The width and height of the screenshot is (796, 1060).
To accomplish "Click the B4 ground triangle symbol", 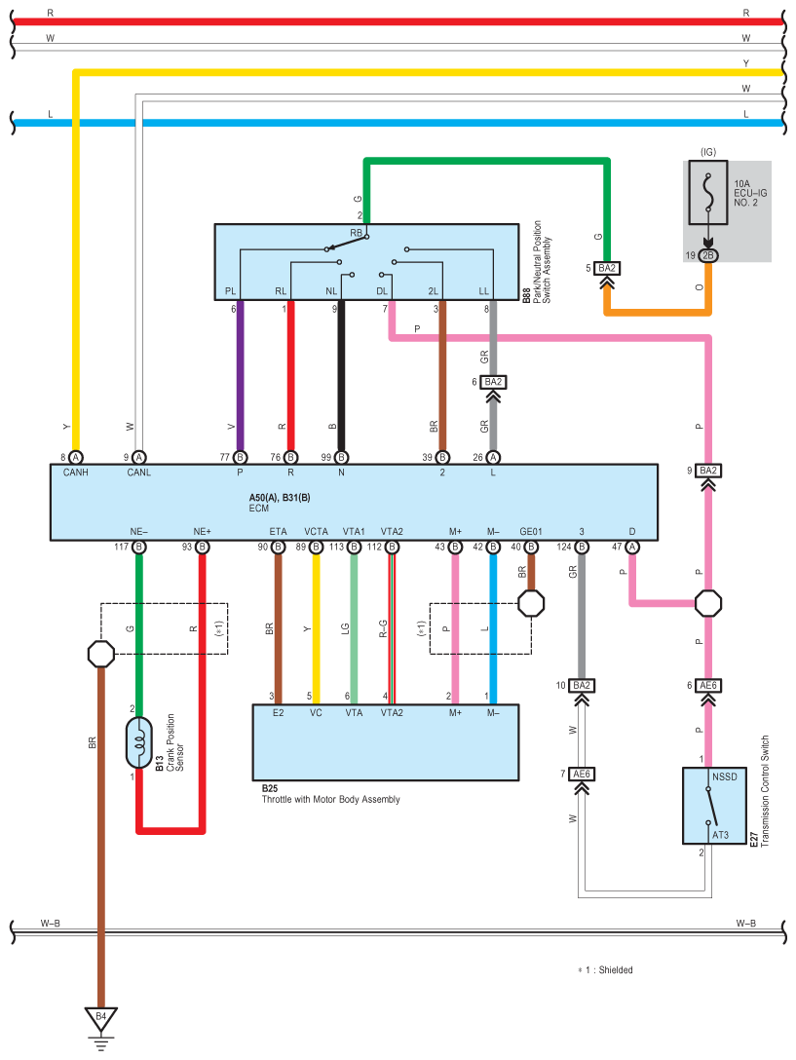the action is (100, 1019).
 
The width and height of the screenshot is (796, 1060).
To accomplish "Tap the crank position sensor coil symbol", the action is (139, 743).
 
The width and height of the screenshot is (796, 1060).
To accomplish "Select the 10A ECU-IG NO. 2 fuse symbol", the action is (708, 193).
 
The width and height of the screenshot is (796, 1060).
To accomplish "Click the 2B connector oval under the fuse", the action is (708, 255).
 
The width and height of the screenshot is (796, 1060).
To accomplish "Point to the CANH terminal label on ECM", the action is (76, 473).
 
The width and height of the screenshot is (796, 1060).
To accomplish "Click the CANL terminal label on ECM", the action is (138, 473).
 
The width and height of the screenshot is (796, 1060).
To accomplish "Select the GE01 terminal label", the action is (531, 531).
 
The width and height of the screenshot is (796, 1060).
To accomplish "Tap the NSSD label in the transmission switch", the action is (724, 776).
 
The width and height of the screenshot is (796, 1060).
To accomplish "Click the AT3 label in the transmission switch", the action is (720, 835).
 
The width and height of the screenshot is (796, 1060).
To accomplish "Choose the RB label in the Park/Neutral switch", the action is (356, 233).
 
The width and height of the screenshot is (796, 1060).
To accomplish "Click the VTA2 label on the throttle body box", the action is (392, 713).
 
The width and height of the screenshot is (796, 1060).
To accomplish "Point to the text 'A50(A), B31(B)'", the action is (280, 498).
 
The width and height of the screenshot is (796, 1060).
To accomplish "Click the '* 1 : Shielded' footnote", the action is (605, 970).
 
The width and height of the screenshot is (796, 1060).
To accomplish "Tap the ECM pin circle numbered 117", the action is (138, 547).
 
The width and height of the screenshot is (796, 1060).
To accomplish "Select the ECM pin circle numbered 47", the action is (632, 547).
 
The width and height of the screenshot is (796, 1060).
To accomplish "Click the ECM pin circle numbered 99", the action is (342, 458).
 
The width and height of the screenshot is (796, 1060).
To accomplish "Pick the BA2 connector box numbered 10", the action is (582, 686).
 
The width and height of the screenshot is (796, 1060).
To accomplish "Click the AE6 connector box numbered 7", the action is (582, 774).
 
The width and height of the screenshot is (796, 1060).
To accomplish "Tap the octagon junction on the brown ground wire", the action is (101, 654).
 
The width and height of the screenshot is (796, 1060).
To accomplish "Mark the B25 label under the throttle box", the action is (270, 788).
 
